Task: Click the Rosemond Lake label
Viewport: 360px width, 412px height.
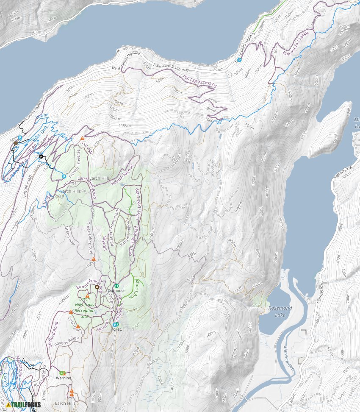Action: (280, 311)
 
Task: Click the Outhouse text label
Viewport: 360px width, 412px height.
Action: (116, 291)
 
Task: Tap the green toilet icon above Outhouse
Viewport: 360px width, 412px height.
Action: (116, 285)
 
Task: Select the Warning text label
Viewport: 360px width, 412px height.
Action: (64, 378)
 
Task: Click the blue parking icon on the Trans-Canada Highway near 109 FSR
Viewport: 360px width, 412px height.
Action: (239, 60)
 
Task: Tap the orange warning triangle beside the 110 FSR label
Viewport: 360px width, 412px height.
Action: (83, 138)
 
